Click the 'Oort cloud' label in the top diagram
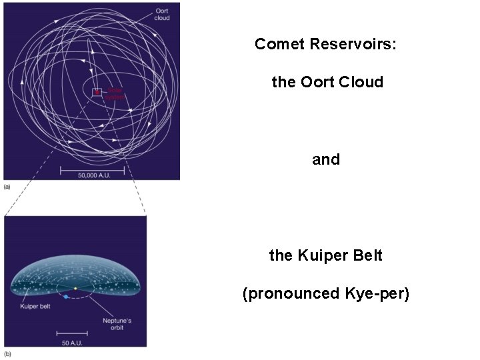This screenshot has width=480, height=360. [x=162, y=14]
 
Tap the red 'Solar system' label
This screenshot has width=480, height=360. [x=115, y=94]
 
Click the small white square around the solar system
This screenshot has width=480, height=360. [x=97, y=92]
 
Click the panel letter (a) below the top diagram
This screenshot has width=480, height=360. [x=7, y=187]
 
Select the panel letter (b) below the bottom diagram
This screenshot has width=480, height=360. [x=7, y=353]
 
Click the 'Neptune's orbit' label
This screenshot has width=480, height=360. [x=117, y=325]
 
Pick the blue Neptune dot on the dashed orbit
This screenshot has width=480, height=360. [x=66, y=296]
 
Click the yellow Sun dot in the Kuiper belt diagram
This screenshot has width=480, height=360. [x=75, y=289]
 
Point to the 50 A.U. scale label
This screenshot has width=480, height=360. [x=71, y=342]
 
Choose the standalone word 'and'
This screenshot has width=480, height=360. [x=326, y=159]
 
